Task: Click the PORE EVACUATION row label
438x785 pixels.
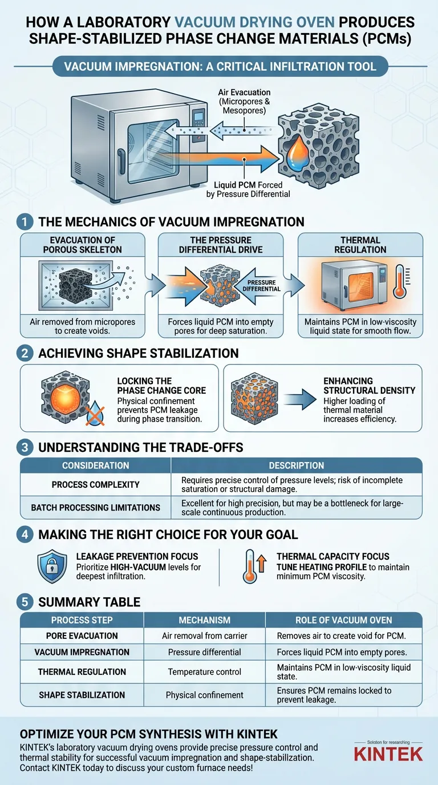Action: pos(82,636)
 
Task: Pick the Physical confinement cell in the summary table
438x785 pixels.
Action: pos(205,695)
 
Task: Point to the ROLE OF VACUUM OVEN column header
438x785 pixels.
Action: pos(344,620)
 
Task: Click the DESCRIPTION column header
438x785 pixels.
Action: pos(297,466)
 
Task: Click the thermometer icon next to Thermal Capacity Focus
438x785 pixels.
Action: pos(250,567)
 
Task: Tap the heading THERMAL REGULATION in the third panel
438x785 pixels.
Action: pos(360,244)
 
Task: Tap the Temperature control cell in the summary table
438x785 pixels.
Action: pos(205,671)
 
